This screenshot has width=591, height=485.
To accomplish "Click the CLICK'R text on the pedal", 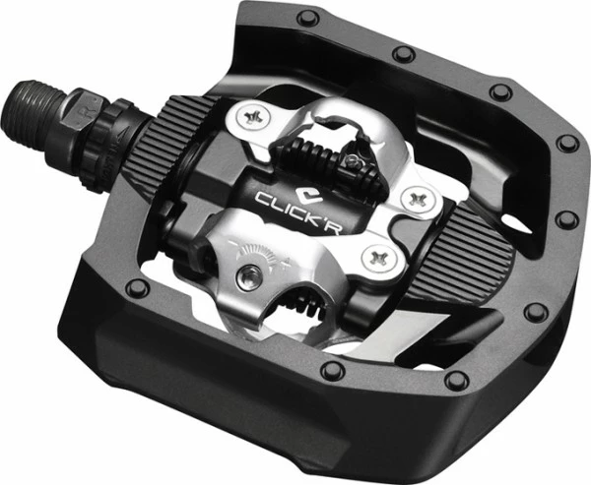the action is (297, 212).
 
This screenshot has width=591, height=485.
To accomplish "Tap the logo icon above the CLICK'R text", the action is (308, 196).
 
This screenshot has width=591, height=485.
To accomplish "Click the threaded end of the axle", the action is (33, 114).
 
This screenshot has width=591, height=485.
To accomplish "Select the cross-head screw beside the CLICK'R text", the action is (418, 198).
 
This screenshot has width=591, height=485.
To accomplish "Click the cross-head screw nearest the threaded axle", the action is (250, 117).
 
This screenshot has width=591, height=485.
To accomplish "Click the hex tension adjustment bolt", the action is (249, 277).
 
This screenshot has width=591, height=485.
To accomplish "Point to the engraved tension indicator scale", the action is (261, 253).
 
